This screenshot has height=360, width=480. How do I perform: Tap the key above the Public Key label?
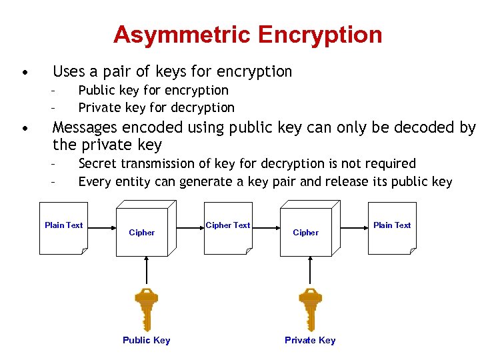(x=146, y=308)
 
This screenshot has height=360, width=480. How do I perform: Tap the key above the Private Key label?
(x=310, y=308)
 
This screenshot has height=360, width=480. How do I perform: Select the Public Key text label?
(x=146, y=340)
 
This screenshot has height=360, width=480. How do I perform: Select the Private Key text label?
(x=310, y=340)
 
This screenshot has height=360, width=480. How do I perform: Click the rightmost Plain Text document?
(x=392, y=228)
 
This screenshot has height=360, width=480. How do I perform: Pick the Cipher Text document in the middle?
(x=228, y=228)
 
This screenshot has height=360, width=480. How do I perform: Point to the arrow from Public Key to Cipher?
(x=146, y=272)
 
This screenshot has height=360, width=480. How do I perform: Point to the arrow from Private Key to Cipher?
(x=310, y=272)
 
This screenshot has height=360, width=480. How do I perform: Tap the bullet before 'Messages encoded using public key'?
(x=24, y=127)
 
